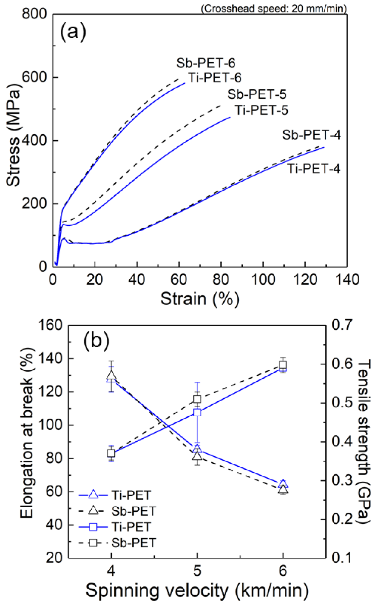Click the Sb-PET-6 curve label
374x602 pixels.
[206, 63]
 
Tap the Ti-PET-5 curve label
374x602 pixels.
[261, 110]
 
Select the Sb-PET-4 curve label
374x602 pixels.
[311, 135]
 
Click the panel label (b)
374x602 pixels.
[96, 341]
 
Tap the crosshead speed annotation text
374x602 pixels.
[274, 8]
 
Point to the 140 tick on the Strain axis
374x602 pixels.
[347, 280]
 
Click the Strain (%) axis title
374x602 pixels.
[200, 298]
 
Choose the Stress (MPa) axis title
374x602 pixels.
[13, 134]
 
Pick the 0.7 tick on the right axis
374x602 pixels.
[342, 325]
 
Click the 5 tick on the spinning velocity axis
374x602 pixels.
[197, 570]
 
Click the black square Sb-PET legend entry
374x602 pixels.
[118, 543]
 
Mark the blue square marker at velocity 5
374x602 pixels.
[197, 413]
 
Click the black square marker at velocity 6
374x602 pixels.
[283, 365]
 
